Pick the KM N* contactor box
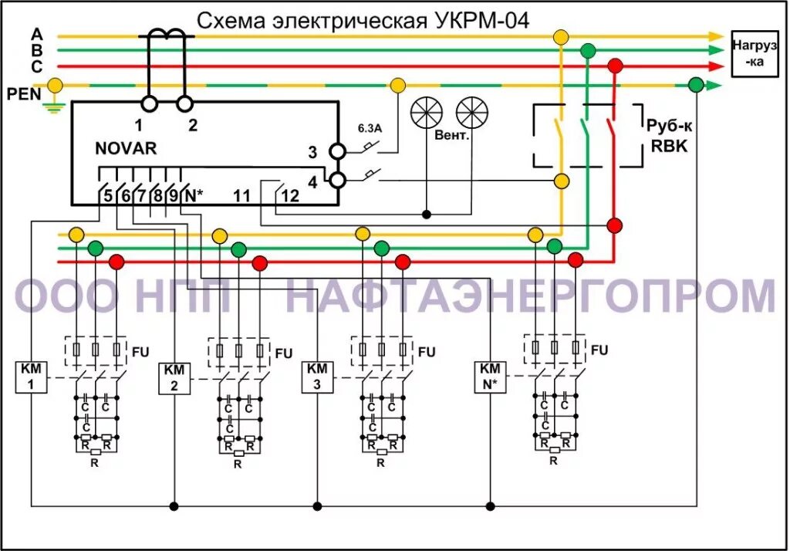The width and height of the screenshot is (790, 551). (x=491, y=377)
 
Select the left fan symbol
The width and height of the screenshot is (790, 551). (x=426, y=113)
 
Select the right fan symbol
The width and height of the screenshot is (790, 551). (x=472, y=113)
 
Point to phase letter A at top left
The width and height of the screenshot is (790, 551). (x=37, y=34)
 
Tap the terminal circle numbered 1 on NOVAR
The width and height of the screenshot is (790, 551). (x=149, y=103)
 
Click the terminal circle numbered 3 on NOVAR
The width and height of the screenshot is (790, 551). (x=337, y=150)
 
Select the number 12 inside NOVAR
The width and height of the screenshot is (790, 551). (x=289, y=196)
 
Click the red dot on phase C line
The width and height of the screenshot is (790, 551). (x=615, y=66)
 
